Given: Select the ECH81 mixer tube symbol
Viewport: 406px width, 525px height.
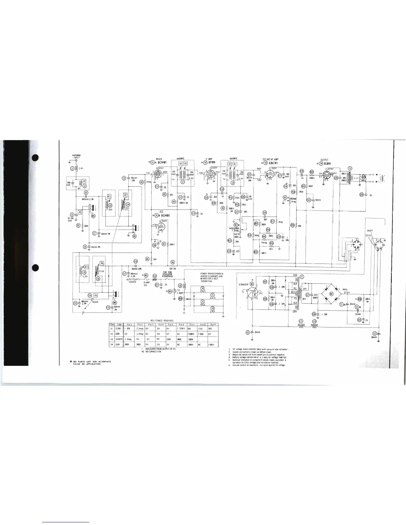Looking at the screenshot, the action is coord(158,175).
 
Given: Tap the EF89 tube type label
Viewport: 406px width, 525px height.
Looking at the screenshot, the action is coord(212,162).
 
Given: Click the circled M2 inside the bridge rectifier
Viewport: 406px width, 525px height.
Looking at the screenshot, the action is coord(331,294).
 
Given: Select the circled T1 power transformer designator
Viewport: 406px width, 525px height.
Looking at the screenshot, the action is coord(302,276).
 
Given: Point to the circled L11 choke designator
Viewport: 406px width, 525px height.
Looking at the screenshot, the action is coord(301,321).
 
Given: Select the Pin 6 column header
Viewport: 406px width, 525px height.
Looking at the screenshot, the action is coord(181,324).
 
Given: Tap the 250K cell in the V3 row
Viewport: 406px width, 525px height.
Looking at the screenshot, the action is coord(168,339).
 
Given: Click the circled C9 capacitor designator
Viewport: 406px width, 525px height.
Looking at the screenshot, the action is coord(124,178).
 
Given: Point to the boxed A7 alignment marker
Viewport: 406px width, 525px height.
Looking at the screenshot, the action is coord(125,195).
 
